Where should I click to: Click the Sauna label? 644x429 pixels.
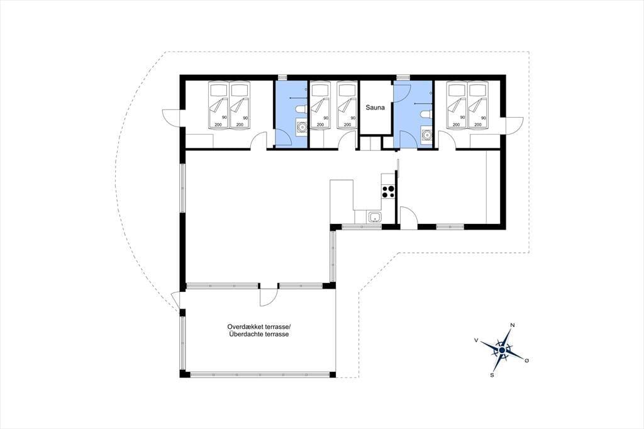pyautogui.click(x=375, y=108)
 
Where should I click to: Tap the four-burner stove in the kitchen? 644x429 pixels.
pyautogui.click(x=389, y=191)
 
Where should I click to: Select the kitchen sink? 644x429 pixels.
pyautogui.click(x=375, y=216)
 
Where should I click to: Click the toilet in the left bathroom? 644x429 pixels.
pyautogui.click(x=301, y=109)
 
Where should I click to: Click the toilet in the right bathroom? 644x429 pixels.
pyautogui.click(x=426, y=114)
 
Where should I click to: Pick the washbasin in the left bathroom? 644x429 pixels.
pyautogui.click(x=301, y=126)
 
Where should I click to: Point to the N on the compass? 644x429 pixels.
pyautogui.click(x=512, y=325)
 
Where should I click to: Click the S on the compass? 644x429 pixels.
pyautogui.click(x=492, y=375)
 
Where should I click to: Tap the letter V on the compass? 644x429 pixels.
pyautogui.click(x=476, y=340)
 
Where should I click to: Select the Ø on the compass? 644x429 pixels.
pyautogui.click(x=526, y=360)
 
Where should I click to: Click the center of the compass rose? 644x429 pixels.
pyautogui.click(x=501, y=350)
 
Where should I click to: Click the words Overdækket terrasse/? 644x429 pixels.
pyautogui.click(x=258, y=326)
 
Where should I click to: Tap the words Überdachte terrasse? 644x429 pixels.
pyautogui.click(x=258, y=335)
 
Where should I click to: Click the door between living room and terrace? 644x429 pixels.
pyautogui.click(x=269, y=295)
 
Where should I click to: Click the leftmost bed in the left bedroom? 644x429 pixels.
pyautogui.click(x=218, y=106)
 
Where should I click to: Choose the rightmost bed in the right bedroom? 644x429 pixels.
pyautogui.click(x=478, y=106)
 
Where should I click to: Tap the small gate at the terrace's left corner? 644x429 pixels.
pyautogui.click(x=175, y=301)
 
